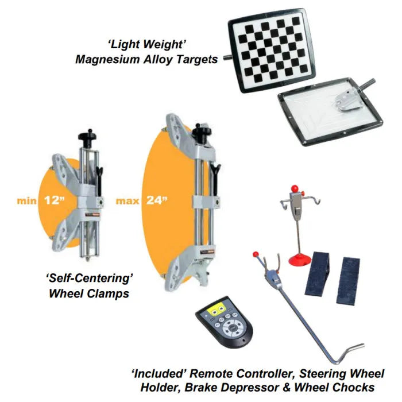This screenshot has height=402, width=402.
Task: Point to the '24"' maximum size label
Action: (156, 202)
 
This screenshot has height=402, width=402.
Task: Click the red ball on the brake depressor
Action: (256, 253)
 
